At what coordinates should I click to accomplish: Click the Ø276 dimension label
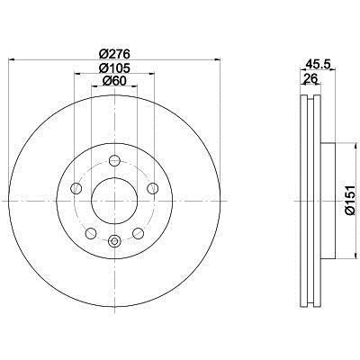(114, 54)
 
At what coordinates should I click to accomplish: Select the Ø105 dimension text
(114, 68)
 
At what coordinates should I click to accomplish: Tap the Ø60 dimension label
(114, 81)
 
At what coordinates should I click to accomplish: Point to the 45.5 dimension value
(318, 64)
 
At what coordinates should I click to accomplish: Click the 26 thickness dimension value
(310, 79)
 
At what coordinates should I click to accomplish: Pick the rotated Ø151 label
(350, 200)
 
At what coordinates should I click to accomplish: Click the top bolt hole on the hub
(114, 161)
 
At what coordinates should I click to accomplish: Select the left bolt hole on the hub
(76, 188)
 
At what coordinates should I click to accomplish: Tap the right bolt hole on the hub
(153, 188)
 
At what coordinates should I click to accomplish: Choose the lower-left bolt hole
(91, 233)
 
